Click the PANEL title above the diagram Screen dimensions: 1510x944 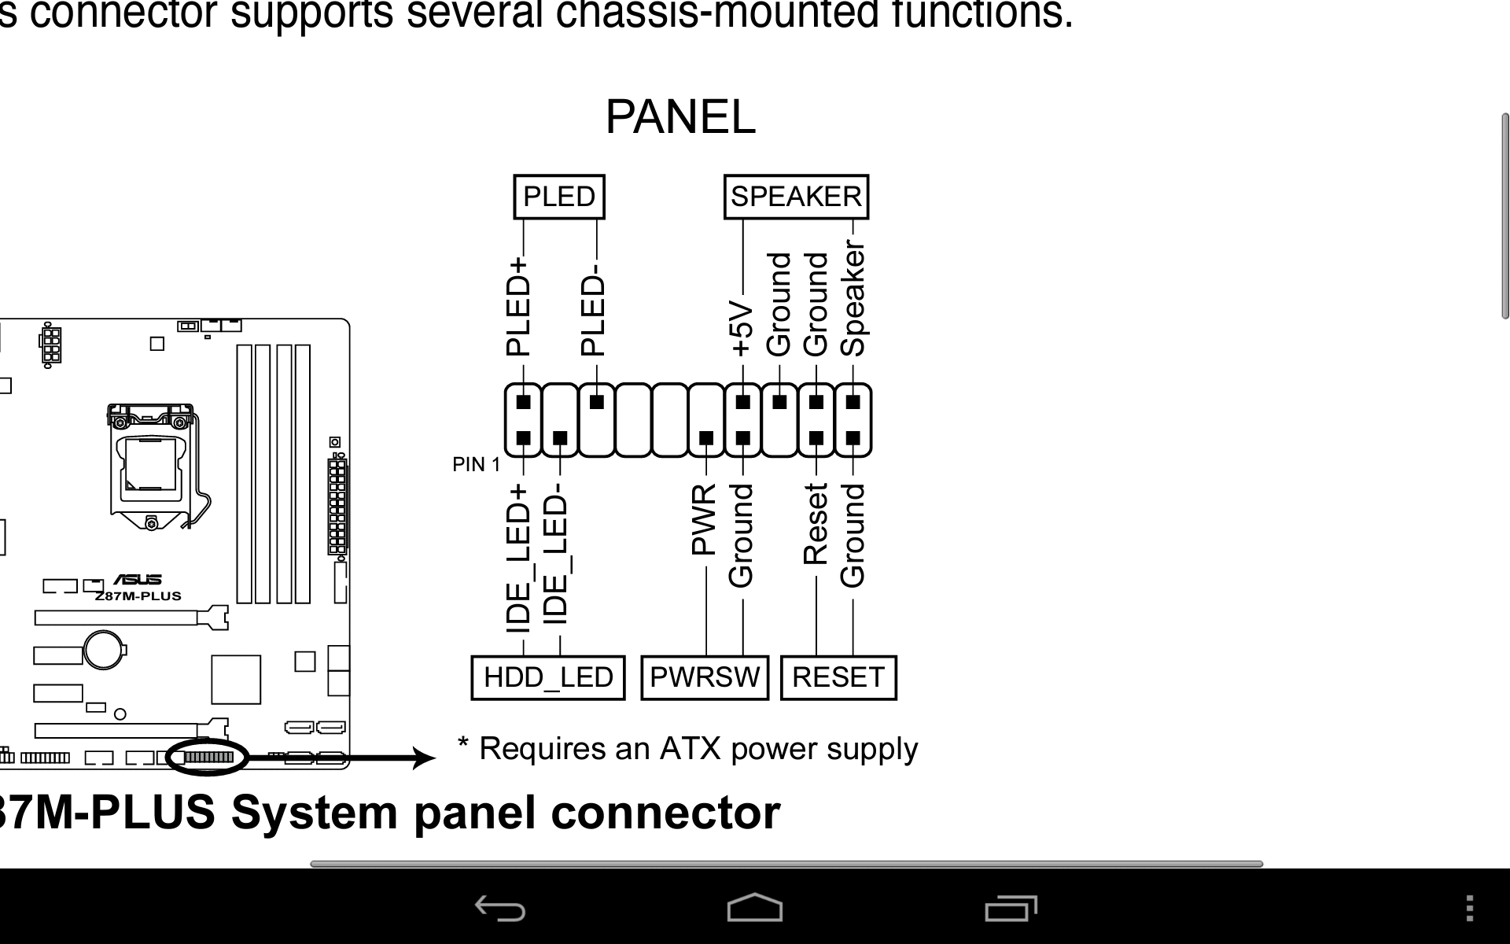[680, 117]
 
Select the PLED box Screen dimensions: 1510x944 [559, 197]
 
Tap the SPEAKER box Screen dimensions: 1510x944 [796, 197]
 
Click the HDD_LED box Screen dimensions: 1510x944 [548, 677]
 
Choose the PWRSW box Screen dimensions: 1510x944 [705, 677]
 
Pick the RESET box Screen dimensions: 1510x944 [838, 677]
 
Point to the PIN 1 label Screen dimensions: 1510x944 [476, 465]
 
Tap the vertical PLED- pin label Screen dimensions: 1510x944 [593, 313]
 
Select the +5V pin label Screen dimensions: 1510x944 [742, 328]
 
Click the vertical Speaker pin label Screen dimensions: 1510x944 [853, 299]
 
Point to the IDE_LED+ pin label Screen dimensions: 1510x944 [518, 559]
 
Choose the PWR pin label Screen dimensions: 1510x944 [704, 519]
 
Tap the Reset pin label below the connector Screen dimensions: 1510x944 [816, 524]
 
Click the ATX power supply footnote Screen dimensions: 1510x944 [688, 749]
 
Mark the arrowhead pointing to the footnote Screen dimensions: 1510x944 [425, 758]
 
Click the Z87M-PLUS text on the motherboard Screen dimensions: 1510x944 [138, 596]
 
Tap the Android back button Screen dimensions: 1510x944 [500, 909]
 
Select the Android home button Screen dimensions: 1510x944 [755, 907]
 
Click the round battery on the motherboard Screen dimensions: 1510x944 [105, 650]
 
